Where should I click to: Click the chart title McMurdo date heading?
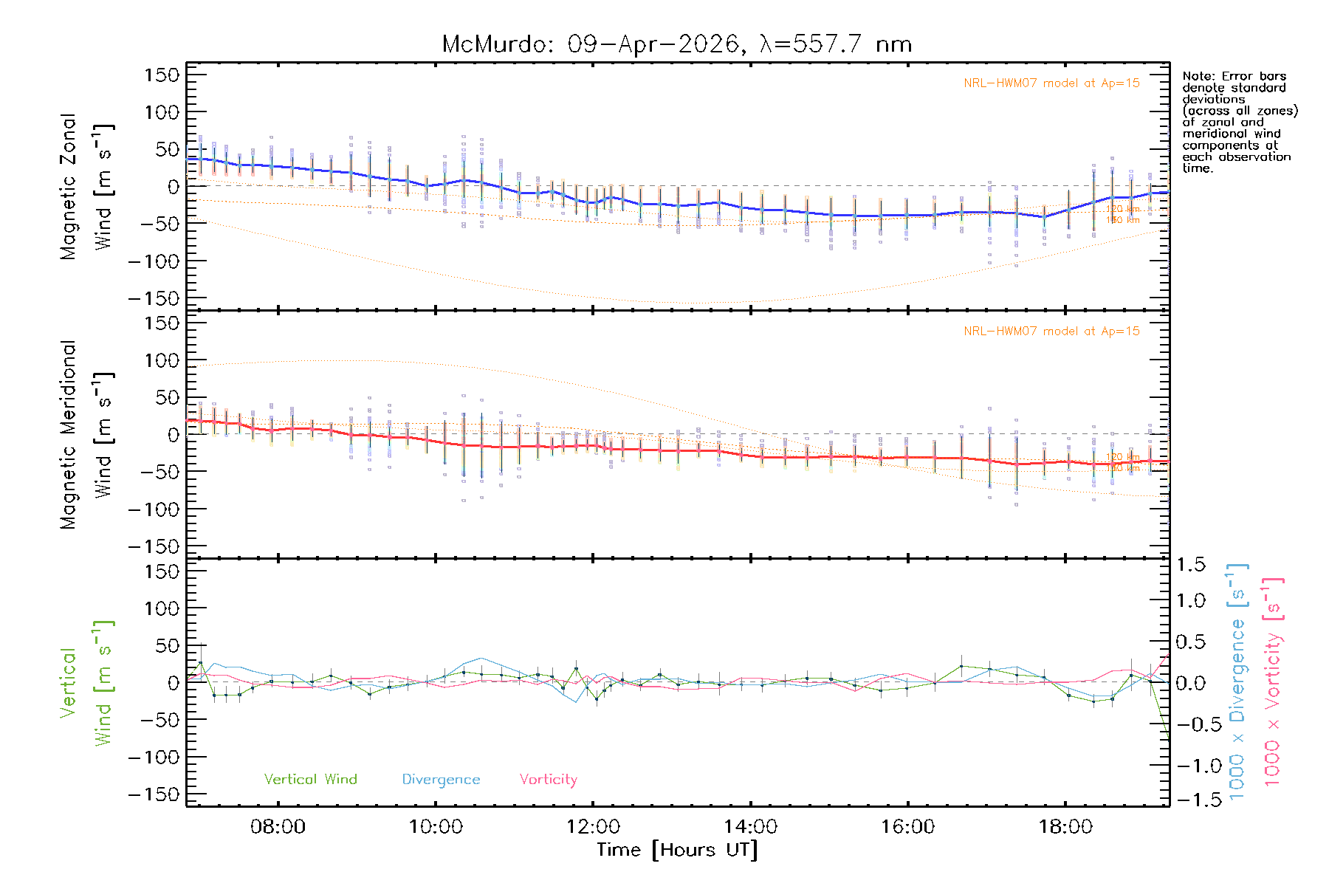click(x=676, y=44)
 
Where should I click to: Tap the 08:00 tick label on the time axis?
click(x=278, y=827)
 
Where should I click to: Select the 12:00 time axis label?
click(x=593, y=827)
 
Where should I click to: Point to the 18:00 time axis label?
click(x=1065, y=827)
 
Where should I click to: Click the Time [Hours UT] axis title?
click(x=677, y=850)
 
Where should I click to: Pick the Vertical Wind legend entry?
click(x=310, y=780)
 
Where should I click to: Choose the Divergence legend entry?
click(x=441, y=780)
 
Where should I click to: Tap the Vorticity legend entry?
click(x=548, y=780)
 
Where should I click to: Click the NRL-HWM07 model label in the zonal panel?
click(x=1051, y=83)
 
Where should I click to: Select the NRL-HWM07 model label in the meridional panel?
click(x=1051, y=332)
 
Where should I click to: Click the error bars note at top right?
click(x=1240, y=122)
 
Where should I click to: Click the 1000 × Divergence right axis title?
click(x=1237, y=681)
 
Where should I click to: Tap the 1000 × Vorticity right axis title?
click(x=1272, y=681)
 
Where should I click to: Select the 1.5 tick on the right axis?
click(x=1190, y=565)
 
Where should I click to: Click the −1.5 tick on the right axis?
click(x=1190, y=800)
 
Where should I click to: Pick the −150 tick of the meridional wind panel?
click(x=154, y=546)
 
